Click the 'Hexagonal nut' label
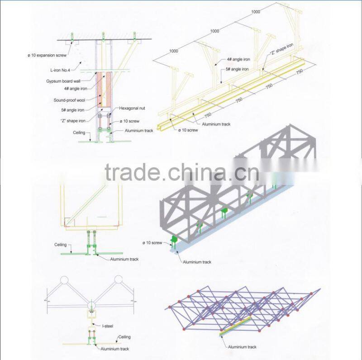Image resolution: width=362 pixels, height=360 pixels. (132, 109)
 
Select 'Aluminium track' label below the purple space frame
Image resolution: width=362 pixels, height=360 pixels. (242, 347)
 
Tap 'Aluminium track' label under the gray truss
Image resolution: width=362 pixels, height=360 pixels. (197, 262)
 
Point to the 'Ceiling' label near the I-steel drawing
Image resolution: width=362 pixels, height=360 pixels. (124, 337)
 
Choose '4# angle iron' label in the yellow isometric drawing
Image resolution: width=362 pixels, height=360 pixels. (237, 60)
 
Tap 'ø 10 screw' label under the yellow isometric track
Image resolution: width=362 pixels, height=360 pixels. (188, 130)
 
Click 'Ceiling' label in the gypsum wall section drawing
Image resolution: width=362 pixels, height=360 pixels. (79, 133)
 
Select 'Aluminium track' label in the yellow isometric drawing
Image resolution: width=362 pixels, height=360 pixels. (216, 124)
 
